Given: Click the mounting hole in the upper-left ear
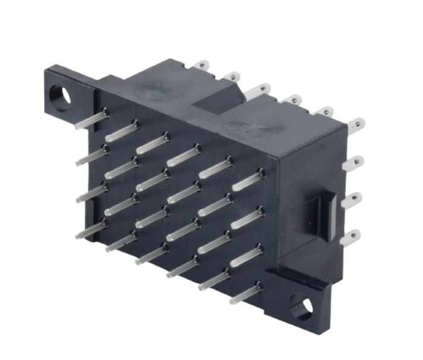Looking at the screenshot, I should [x=59, y=97].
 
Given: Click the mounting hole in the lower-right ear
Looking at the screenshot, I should [x=300, y=306].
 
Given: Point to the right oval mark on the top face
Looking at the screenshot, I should [x=252, y=128].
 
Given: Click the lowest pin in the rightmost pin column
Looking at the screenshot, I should [x=245, y=294].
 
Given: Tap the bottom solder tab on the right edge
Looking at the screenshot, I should [x=352, y=237].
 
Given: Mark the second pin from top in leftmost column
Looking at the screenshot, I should [x=92, y=156].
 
